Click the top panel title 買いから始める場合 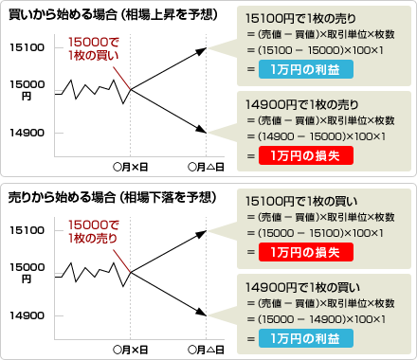pos(63,14)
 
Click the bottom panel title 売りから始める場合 pos(62,197)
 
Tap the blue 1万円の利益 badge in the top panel pos(306,69)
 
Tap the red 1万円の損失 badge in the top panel pos(306,155)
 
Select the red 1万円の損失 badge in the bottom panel pos(306,252)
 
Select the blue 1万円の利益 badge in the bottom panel pos(306,338)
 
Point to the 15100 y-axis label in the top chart pos(27,47)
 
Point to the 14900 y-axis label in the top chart pos(27,133)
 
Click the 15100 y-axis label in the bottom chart pos(27,230)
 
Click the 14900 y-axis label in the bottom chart pos(27,315)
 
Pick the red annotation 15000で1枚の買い pos(94,48)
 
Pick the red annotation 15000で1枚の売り pos(94,231)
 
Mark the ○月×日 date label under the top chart pos(131,167)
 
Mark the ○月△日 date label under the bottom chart pos(206,350)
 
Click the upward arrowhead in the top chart pos(202,51)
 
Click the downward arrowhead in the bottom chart pos(202,313)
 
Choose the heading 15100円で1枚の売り pos(300,19)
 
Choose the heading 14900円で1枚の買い pos(302,288)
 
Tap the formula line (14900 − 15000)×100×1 pos(317,136)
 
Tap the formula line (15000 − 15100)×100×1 pos(316,233)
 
